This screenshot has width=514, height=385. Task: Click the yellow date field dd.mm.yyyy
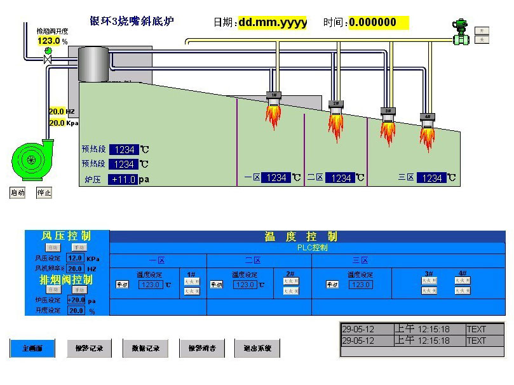tap(273, 23)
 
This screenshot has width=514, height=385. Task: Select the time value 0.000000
tap(377, 23)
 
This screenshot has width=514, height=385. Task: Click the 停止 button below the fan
tap(44, 192)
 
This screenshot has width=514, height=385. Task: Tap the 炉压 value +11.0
tap(123, 180)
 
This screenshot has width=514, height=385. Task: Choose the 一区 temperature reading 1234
tap(276, 178)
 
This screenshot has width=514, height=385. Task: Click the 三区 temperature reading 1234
tap(431, 179)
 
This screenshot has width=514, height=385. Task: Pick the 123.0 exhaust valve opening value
tap(48, 41)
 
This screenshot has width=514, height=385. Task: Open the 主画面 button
tap(32, 348)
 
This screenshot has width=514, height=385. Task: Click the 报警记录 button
tap(89, 348)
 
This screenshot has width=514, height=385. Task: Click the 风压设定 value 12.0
tap(75, 259)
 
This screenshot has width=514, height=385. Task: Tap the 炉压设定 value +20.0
tap(76, 300)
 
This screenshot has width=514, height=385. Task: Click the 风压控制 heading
tap(66, 236)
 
